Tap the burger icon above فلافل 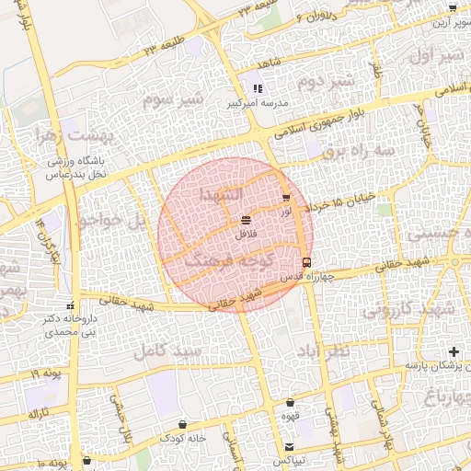[245, 221]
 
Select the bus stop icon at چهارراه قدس [306, 262]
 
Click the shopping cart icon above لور [286, 198]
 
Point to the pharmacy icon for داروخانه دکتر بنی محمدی [71, 305]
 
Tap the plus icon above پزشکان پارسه [453, 351]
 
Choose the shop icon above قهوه [291, 402]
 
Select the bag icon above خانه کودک [183, 426]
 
